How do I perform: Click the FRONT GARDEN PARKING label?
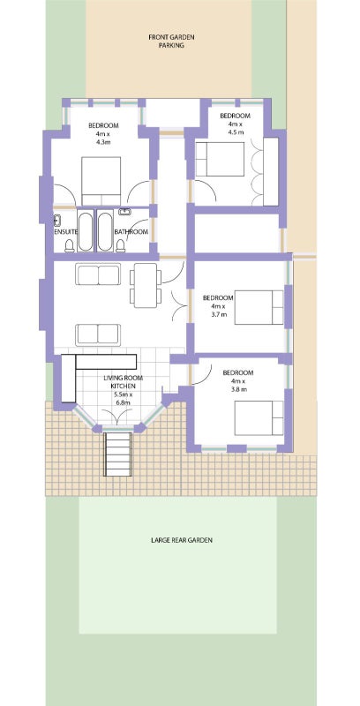171,41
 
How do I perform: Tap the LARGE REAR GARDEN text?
182,540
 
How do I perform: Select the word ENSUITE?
65,232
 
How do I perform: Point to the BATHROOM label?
131,232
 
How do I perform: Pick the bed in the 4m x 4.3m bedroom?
101,181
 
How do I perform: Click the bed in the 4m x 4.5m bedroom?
220,160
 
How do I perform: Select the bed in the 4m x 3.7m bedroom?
259,307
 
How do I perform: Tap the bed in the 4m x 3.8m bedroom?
259,417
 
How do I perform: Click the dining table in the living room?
145,285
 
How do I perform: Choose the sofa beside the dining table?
98,274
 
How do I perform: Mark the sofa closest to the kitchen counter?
98,334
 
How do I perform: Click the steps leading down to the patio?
118,454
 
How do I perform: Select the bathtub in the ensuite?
86,231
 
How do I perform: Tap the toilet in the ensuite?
70,245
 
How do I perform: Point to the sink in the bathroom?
124,212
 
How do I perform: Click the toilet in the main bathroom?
120,245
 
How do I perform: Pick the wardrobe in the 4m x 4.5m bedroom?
271,171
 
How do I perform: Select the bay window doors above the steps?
118,417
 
